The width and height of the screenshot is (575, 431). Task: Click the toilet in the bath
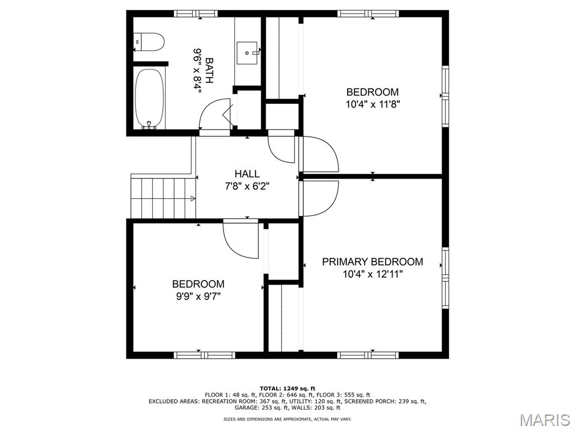[148, 42]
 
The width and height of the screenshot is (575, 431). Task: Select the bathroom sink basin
[247, 53]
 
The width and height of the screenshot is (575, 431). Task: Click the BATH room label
[209, 70]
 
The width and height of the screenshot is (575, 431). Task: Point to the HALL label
[247, 174]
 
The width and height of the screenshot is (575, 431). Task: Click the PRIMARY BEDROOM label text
[373, 262]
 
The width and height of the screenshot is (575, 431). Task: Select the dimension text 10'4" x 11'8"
[373, 104]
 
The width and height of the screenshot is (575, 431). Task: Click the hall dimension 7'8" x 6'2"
[247, 186]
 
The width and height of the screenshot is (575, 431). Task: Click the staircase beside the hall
[163, 197]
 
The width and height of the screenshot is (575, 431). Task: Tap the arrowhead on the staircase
[193, 199]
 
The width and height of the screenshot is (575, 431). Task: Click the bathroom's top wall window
[195, 14]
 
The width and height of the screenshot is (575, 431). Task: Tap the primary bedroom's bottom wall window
[368, 355]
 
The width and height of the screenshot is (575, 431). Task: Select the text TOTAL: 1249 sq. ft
[287, 388]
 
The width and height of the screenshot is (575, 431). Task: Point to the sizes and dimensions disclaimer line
[287, 419]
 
